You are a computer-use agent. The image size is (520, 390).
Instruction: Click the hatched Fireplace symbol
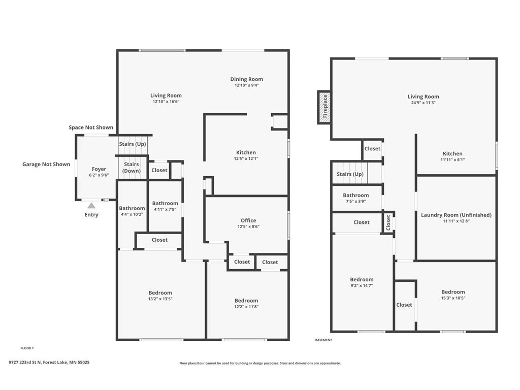pos(324,107)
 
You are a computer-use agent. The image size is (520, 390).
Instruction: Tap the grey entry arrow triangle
pos(91,206)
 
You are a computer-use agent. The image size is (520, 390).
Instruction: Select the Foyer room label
pos(99,169)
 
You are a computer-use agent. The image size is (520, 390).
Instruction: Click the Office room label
pos(248,220)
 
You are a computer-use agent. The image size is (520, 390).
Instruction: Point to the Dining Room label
pos(246,79)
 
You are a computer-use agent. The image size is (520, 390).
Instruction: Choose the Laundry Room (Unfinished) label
pos(456,215)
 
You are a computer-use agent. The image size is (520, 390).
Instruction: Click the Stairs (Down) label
pos(132,168)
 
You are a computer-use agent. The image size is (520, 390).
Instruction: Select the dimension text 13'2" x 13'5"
pos(160,299)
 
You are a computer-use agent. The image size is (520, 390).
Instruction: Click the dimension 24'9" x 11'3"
pos(423,103)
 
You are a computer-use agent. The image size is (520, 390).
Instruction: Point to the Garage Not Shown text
pos(46,164)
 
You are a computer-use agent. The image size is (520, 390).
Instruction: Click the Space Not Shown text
pos(91,127)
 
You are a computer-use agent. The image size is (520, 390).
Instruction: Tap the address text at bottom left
pos(49,363)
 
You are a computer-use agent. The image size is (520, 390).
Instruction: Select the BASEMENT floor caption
pos(323,340)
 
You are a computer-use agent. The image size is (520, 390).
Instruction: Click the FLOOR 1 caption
pos(27,348)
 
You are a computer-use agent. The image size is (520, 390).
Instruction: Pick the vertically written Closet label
pos(388,221)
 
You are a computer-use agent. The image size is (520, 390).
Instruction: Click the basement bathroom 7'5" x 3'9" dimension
pos(355,202)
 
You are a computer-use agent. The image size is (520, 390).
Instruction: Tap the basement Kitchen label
pos(452,153)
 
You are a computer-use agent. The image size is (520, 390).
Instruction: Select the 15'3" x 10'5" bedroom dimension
pos(453,298)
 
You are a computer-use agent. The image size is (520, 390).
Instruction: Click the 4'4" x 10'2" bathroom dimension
pos(132,214)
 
